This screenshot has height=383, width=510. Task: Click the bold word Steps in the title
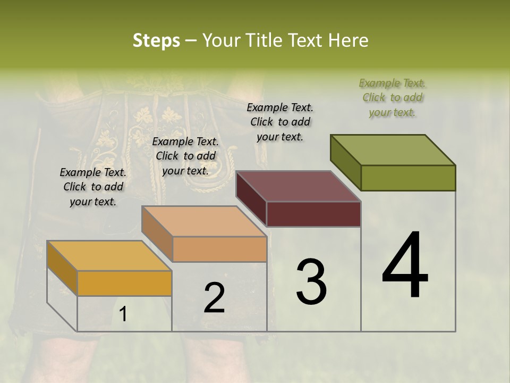156,41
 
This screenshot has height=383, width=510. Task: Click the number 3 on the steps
311,281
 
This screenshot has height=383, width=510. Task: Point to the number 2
214,298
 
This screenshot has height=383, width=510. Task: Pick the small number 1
123,314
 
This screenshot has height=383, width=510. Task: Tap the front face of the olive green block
408,178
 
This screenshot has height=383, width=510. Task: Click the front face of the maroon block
313,214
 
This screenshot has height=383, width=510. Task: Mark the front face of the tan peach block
219,249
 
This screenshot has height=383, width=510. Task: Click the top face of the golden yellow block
109,256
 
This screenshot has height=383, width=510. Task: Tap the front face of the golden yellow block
124,283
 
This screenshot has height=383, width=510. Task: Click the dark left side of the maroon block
251,198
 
